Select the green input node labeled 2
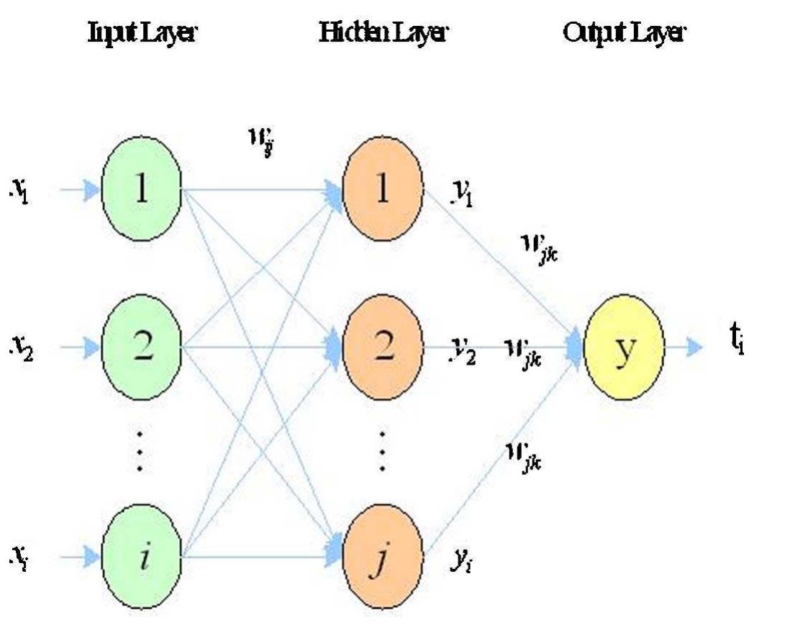click(142, 347)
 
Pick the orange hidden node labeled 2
click(382, 347)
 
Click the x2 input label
click(24, 348)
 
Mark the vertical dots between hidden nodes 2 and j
click(382, 450)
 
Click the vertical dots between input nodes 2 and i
click(142, 450)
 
